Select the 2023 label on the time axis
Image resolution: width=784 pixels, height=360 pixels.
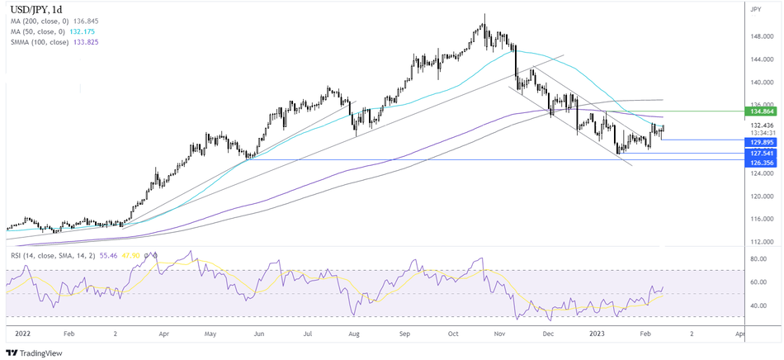click(597, 334)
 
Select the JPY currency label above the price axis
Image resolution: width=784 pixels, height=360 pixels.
click(756, 9)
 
